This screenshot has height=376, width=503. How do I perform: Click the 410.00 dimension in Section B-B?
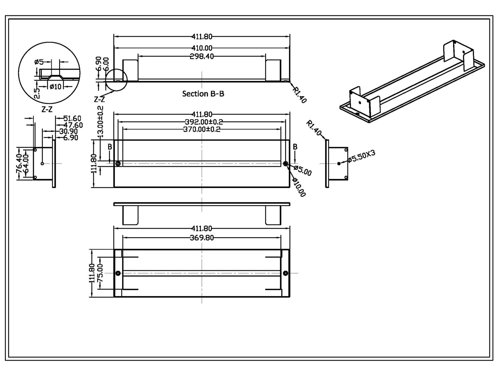[202, 48]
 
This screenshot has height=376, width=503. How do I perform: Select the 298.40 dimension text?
[202, 56]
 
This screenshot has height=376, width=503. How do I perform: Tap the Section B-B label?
[203, 94]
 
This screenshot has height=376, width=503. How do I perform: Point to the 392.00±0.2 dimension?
[202, 122]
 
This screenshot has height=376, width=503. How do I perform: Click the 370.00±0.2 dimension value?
[202, 129]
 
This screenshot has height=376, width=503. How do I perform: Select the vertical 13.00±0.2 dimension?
[100, 122]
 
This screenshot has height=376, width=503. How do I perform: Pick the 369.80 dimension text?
[202, 238]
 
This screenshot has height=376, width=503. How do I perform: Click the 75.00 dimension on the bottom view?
[100, 273]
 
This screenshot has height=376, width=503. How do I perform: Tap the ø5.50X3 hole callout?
[362, 156]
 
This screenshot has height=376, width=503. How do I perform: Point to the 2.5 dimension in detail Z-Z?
[37, 93]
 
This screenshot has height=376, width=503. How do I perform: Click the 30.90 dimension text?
[68, 131]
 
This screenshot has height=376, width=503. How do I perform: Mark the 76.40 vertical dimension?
[19, 163]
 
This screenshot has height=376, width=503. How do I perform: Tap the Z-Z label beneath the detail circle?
[47, 109]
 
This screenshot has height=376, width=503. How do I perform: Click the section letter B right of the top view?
[295, 147]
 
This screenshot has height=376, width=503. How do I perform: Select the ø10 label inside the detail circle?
[55, 86]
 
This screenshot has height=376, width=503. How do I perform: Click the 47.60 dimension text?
[72, 125]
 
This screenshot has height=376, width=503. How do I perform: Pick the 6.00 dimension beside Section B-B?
[106, 64]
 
